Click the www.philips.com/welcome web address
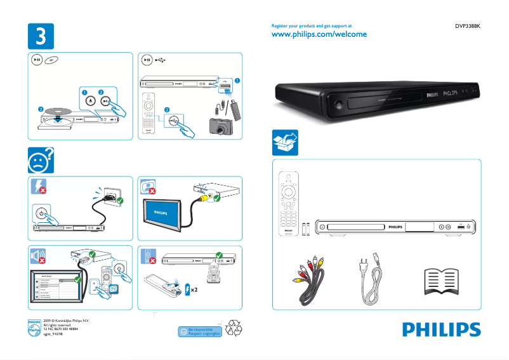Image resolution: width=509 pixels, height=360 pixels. click(x=319, y=34)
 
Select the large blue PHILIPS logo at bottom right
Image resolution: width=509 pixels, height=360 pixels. click(x=440, y=330)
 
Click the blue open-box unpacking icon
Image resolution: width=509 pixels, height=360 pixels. click(x=284, y=142)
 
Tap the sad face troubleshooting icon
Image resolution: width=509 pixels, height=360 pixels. click(x=40, y=161)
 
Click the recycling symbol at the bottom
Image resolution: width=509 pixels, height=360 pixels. click(x=235, y=328)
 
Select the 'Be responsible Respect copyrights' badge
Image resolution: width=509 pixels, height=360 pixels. click(x=200, y=331)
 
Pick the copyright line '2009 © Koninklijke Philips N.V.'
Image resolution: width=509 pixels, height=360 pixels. click(x=66, y=321)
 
